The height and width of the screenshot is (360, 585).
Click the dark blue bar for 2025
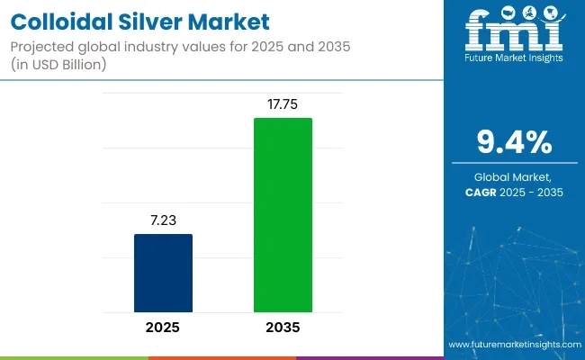pyautogui.click(x=163, y=274)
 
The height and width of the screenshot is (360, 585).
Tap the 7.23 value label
pyautogui.click(x=163, y=219)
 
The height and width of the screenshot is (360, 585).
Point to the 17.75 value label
pyautogui.click(x=283, y=103)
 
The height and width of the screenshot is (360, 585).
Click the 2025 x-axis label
pyautogui.click(x=163, y=328)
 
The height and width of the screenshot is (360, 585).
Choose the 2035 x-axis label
pyautogui.click(x=283, y=328)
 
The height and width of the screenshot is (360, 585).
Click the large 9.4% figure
pyautogui.click(x=515, y=141)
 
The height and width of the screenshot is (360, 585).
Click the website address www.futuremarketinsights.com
pyautogui.click(x=512, y=346)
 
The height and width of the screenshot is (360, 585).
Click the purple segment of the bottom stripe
pyautogui.click(x=369, y=357)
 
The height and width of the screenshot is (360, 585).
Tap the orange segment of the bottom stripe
pyautogui.click(x=221, y=357)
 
